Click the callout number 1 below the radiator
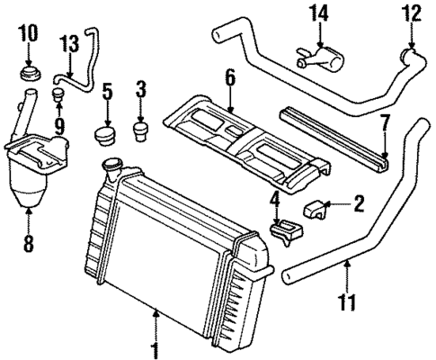coord(156,346)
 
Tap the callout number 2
coord(358,205)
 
